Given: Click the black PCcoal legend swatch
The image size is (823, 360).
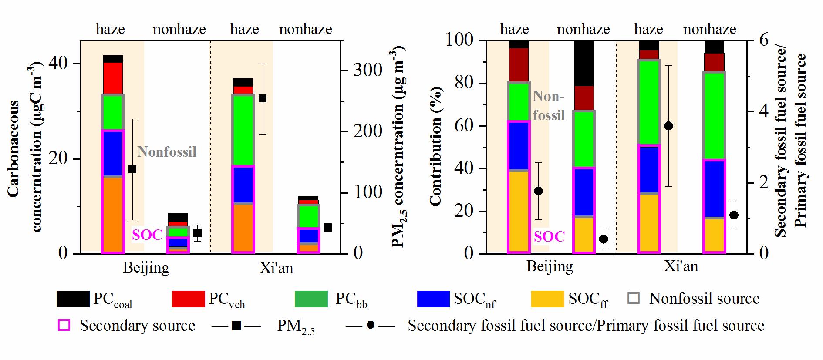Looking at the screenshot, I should point(73,299).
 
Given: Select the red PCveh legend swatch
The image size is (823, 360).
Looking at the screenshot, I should point(188,299).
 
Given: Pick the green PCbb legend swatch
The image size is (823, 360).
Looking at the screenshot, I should point(311,299).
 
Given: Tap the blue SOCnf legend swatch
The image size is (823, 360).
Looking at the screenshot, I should point(433,299).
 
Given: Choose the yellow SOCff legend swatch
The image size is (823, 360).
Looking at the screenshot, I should point(547,299).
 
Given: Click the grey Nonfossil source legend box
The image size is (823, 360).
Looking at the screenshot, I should point(634,299).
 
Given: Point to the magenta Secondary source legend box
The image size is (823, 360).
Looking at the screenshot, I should point(64,326).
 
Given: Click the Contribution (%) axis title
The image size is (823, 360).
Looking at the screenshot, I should point(436,146).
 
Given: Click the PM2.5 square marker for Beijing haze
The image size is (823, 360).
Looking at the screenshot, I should point(132,169).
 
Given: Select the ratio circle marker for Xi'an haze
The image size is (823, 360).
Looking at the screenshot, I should point(669,126).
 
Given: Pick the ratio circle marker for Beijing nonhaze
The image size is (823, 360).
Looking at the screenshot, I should point(604,239).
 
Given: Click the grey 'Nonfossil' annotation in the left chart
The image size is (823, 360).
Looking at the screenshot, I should point(167,152).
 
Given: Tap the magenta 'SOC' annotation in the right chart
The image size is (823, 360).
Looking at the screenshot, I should point(549,237).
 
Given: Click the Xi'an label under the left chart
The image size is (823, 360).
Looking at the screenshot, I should point(276,268).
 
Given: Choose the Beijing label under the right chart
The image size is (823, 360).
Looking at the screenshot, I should point(550,266).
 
